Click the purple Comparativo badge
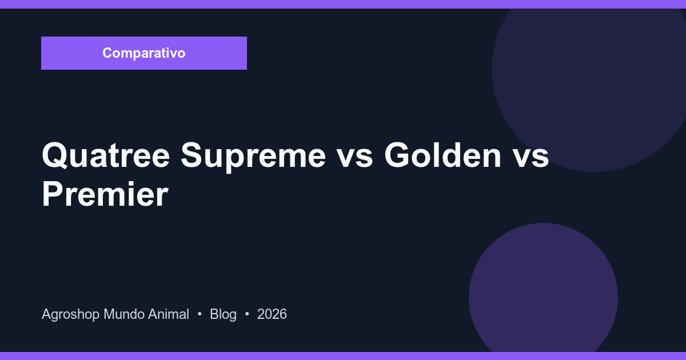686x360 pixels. click(x=144, y=53)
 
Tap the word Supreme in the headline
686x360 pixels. click(x=253, y=155)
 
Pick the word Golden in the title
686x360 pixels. click(x=443, y=155)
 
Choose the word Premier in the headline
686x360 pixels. click(x=105, y=194)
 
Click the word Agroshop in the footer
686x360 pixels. click(x=70, y=314)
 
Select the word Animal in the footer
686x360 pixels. click(x=168, y=314)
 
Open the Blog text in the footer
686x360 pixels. click(x=223, y=314)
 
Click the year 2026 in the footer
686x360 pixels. click(x=272, y=314)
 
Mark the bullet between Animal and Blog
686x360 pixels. click(x=200, y=314)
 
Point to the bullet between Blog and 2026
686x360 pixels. click(x=247, y=314)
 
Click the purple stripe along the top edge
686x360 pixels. click(x=343, y=4)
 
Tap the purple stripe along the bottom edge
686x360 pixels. click(x=343, y=356)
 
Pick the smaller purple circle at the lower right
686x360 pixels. click(x=543, y=291)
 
